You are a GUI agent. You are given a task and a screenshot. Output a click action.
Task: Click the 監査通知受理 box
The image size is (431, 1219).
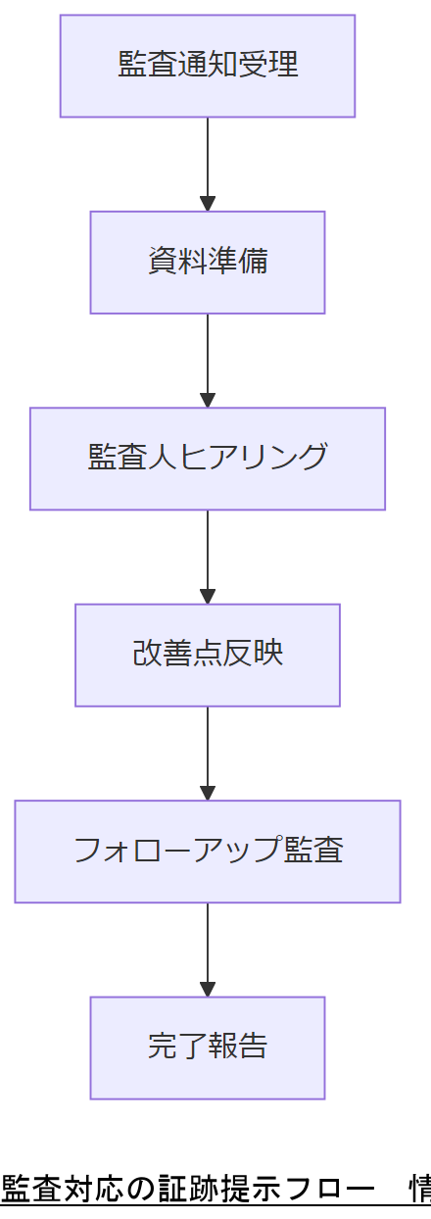point(208,66)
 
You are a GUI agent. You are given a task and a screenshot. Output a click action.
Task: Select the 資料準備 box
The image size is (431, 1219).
point(208,263)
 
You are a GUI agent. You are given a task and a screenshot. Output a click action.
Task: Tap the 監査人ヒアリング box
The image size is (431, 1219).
point(208,459)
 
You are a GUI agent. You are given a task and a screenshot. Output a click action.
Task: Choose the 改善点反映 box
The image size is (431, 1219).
point(208,655)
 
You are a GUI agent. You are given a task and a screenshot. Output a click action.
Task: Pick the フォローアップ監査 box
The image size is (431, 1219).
point(208,852)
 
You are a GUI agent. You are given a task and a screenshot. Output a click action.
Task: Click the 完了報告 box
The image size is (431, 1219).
point(208,1048)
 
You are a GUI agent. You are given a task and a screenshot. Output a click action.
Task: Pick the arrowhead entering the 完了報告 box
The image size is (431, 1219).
point(208,989)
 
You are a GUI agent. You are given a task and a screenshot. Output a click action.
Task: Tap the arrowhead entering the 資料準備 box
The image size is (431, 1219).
point(208,204)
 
